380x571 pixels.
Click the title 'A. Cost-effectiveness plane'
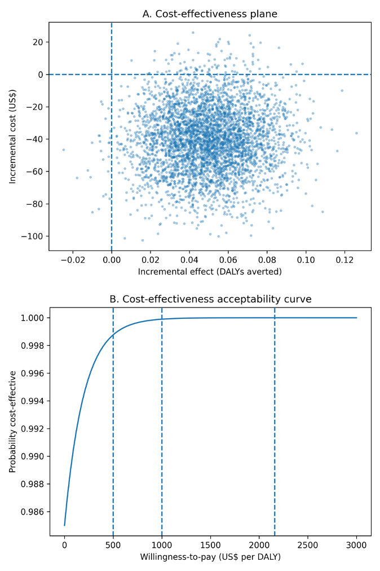210,14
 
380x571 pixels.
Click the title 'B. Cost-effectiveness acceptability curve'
210,299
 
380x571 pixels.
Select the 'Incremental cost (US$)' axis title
12,136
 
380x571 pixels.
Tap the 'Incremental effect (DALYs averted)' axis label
210,272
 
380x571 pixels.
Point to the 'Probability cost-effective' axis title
12,421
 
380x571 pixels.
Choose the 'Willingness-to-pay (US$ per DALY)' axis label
210,557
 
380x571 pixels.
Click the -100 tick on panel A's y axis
34,236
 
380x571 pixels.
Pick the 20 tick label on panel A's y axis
38,42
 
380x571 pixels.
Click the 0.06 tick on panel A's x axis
228,260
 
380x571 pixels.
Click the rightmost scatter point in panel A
356,133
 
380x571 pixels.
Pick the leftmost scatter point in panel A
63,150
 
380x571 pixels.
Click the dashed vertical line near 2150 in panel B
275,423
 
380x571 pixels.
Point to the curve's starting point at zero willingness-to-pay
64,525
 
